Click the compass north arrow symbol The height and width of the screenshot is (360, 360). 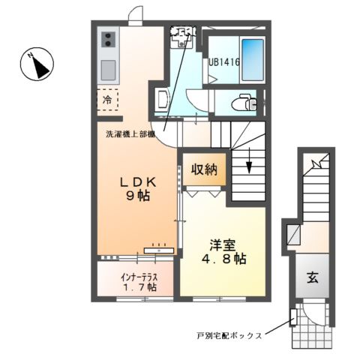point(36,65)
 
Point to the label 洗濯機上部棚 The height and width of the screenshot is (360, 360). point(129,134)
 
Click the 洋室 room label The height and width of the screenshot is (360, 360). point(223,244)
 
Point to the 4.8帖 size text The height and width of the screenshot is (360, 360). point(223,259)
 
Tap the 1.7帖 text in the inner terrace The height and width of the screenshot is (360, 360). point(138,286)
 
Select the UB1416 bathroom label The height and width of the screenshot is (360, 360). point(223,64)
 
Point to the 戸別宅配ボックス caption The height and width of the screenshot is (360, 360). point(229,335)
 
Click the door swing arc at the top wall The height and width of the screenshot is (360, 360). point(136,14)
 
